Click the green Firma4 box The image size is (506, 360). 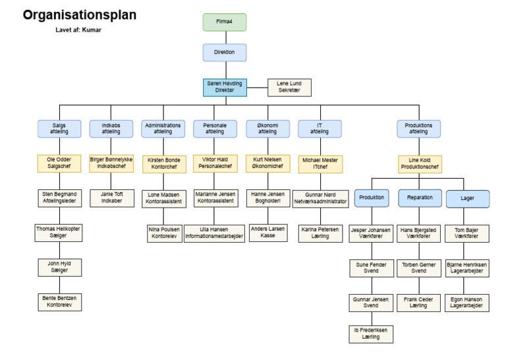pyautogui.click(x=223, y=22)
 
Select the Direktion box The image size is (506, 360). pyautogui.click(x=223, y=52)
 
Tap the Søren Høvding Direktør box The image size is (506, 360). pyautogui.click(x=224, y=87)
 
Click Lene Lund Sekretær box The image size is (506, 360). pyautogui.click(x=289, y=87)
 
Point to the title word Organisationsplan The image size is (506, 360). pyautogui.click(x=80, y=15)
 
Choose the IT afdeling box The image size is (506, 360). pyautogui.click(x=320, y=128)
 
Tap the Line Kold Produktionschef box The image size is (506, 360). pyautogui.click(x=420, y=164)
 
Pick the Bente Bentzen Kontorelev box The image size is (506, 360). pyautogui.click(x=58, y=303)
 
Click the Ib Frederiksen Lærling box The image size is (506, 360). pyautogui.click(x=371, y=333)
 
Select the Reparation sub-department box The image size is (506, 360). pyautogui.click(x=420, y=198)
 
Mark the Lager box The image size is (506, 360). pyautogui.click(x=468, y=198)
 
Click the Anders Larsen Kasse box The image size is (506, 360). pyautogui.click(x=268, y=233)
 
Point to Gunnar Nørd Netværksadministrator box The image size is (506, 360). pyautogui.click(x=320, y=198)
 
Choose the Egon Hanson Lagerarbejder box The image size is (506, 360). pyautogui.click(x=468, y=303)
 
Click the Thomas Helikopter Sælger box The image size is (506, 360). pyautogui.click(x=58, y=233)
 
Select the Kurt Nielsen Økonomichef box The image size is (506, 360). pyautogui.click(x=268, y=164)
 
